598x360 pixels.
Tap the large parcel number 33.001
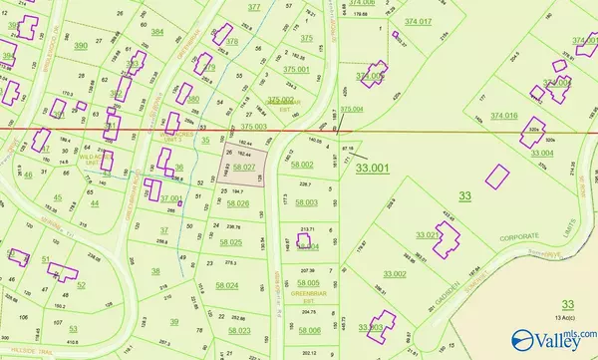(374, 169)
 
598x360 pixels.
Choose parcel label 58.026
(237, 203)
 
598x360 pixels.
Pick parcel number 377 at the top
(254, 7)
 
